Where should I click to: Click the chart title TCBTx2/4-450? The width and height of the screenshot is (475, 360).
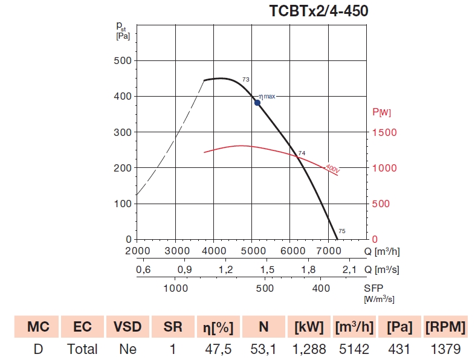click(318, 11)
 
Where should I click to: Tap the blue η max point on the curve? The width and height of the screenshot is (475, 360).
click(257, 103)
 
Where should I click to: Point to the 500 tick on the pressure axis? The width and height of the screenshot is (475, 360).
click(123, 60)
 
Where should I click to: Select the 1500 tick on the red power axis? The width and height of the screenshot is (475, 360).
click(384, 132)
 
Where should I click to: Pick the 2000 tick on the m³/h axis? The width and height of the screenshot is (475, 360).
click(137, 251)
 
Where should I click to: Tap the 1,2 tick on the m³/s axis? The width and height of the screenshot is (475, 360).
click(226, 269)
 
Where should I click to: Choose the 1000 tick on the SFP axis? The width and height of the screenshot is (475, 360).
click(176, 289)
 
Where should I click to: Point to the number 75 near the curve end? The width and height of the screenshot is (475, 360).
click(342, 231)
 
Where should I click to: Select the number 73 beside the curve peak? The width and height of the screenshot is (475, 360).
click(246, 80)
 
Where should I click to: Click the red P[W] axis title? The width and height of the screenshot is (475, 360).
click(381, 112)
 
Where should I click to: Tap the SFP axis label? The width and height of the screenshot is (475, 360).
click(373, 288)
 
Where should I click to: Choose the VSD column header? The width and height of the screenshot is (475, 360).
click(128, 327)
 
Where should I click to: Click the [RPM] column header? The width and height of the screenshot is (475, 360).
click(445, 327)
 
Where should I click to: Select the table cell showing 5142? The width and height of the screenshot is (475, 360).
click(354, 349)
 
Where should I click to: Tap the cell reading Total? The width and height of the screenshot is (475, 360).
click(82, 349)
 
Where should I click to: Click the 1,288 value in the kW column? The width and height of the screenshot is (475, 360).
click(309, 349)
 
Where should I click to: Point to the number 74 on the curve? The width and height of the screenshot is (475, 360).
click(302, 153)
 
